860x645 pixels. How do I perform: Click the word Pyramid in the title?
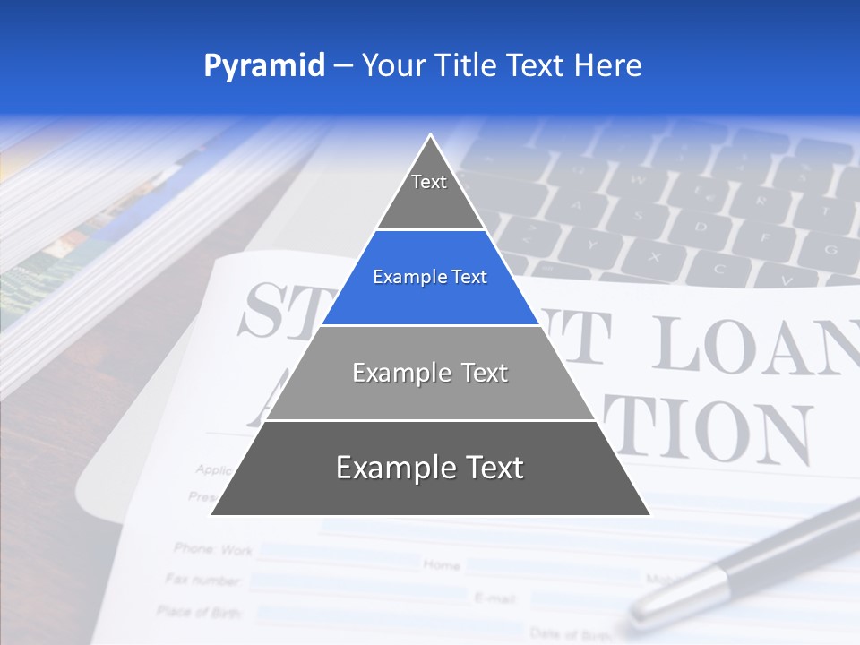tap(264, 66)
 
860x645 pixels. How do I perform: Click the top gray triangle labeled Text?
tap(429, 188)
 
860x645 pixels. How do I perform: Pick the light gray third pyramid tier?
tap(430, 373)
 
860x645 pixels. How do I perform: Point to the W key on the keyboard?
tap(640, 176)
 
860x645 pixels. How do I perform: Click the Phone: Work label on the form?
tap(213, 548)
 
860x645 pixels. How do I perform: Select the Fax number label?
tap(203, 580)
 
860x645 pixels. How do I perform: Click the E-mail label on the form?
tap(493, 597)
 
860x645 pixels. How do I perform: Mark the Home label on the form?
tap(442, 564)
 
